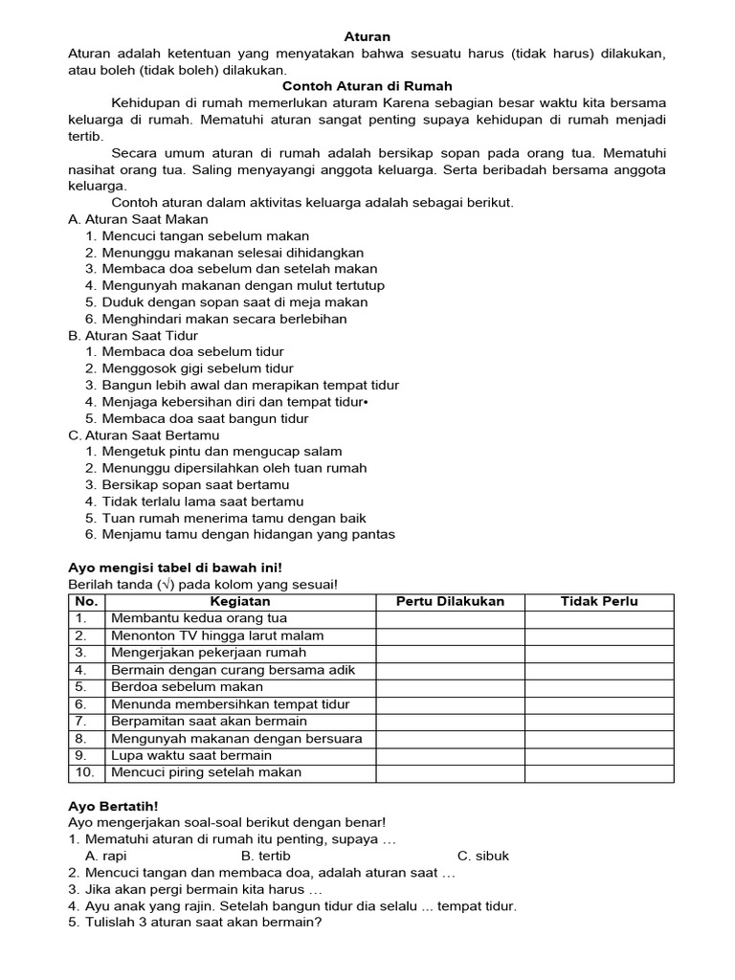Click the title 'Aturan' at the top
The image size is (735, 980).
(367, 36)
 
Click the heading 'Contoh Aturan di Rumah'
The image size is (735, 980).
(367, 86)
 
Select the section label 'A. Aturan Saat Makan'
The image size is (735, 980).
(138, 219)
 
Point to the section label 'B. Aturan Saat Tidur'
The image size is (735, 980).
(133, 336)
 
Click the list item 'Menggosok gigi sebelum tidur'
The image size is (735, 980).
(197, 368)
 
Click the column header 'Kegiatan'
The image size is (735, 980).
(240, 602)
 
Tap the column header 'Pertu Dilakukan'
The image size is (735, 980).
(450, 602)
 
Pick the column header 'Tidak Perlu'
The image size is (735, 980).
(599, 602)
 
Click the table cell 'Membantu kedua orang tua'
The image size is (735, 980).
(199, 619)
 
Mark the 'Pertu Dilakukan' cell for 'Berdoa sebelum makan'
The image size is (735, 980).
(450, 687)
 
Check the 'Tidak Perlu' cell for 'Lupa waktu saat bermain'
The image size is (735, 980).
(599, 756)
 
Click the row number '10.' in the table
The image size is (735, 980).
(85, 772)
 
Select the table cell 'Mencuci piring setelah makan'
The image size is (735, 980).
(207, 772)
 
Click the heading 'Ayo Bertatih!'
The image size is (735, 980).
(113, 807)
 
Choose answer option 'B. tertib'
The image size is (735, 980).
(266, 857)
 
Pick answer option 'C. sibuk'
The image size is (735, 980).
(483, 857)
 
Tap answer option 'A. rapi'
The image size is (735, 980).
(106, 857)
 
